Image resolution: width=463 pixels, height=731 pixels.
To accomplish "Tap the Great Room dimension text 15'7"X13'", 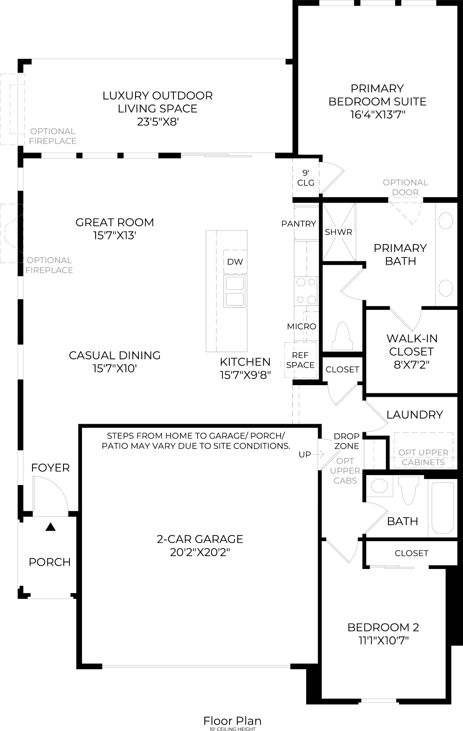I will coord(114,235).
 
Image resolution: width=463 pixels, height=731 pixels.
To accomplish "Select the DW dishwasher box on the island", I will coord(235,262).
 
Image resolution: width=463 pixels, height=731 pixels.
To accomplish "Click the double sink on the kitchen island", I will coord(235,291).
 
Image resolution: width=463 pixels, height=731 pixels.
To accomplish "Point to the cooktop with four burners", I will coord(306,291).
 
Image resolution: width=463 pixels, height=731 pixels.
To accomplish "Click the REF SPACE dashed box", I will coord(301,360).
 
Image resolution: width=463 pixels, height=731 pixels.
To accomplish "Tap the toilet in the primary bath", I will coord(343,336).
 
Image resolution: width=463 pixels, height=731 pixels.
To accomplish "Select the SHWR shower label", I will coord(338,232).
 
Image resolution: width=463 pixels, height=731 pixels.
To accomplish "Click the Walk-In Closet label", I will coord(412,345).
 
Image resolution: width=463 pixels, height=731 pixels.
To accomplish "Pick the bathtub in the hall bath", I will coord(442,508).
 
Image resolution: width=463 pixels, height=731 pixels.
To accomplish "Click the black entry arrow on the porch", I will coord(51,527).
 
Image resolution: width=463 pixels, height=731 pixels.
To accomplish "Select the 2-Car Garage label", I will coord(200,539).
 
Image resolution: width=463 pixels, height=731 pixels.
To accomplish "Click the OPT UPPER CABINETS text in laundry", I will coord(423,457).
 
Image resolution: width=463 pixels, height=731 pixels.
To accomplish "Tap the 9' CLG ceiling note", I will coord(306,178).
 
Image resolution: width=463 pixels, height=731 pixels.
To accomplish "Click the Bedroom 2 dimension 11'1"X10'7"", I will coord(383,641).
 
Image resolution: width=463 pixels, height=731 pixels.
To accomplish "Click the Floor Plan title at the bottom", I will coord(232,721).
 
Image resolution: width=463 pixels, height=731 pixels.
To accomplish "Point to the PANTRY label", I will coord(298,224).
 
